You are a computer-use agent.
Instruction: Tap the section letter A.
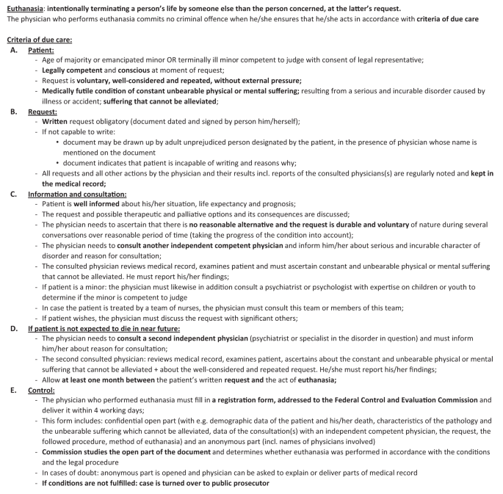pos(12,49)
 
